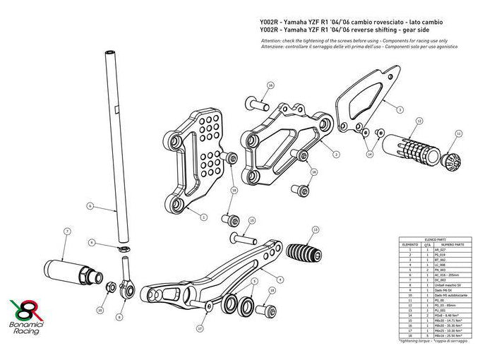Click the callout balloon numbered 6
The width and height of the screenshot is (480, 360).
click(x=91, y=206)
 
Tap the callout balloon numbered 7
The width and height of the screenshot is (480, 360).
click(x=67, y=231)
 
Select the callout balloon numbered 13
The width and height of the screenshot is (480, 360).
click(x=316, y=229)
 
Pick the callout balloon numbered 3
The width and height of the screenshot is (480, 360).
click(x=337, y=154)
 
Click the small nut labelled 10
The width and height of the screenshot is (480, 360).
click(x=111, y=289)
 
